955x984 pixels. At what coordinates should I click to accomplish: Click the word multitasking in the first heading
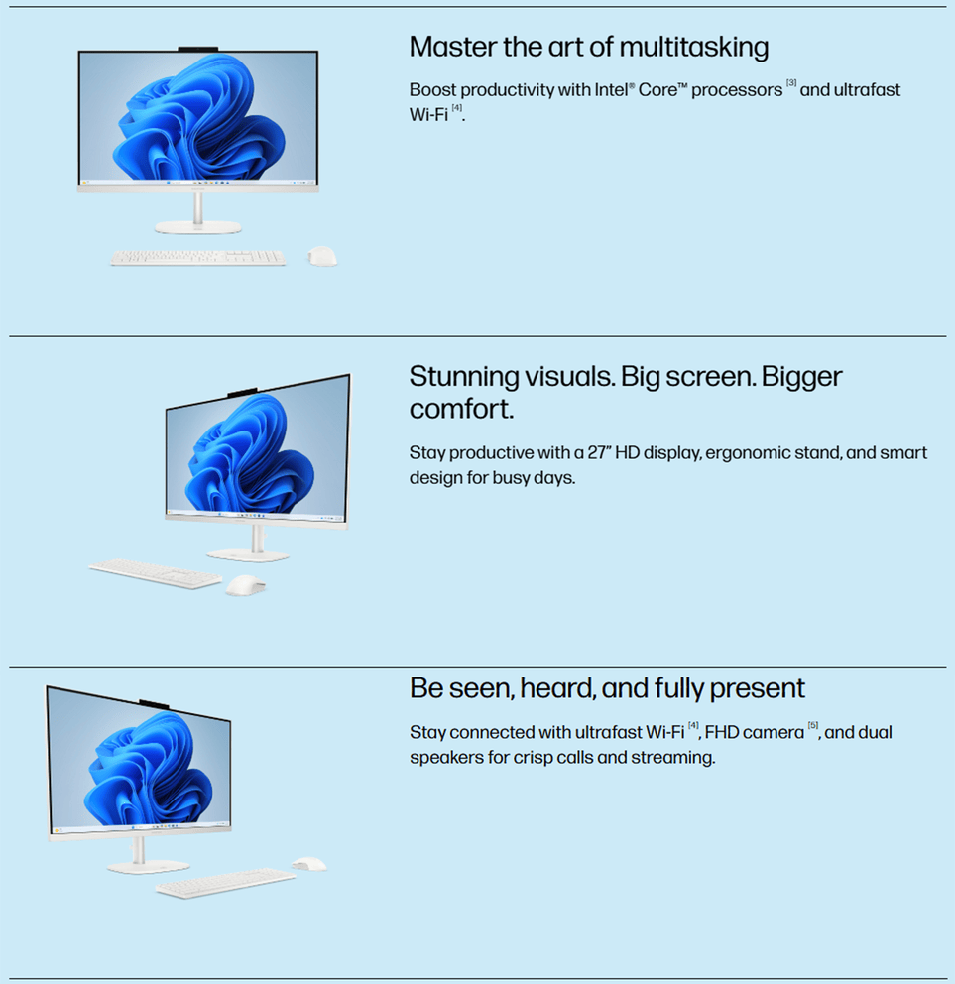(x=693, y=48)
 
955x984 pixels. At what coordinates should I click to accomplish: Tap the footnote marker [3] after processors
(x=791, y=83)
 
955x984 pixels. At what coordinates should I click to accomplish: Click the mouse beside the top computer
(x=322, y=256)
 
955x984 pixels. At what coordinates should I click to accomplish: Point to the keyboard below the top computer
(x=198, y=257)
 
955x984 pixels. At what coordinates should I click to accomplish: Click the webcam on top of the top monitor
(x=198, y=49)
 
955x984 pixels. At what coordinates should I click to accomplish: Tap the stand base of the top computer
(x=198, y=227)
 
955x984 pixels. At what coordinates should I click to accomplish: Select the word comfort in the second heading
(x=460, y=409)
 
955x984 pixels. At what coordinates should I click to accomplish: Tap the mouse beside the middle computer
(x=245, y=585)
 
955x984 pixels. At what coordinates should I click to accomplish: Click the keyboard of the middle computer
(x=156, y=573)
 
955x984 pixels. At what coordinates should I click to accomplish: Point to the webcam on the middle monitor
(x=242, y=392)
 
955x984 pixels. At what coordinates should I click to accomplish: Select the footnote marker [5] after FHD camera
(x=813, y=725)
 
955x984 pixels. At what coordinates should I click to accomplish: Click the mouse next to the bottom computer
(x=309, y=864)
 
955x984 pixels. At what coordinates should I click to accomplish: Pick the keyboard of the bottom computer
(x=226, y=883)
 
